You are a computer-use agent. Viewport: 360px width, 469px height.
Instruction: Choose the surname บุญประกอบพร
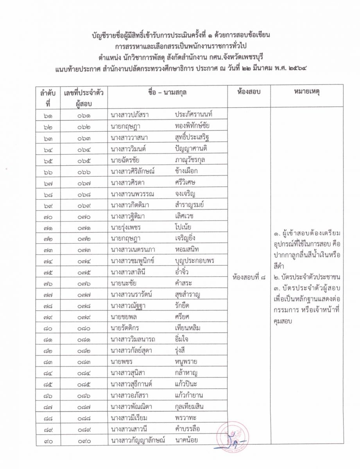pyautogui.click(x=195, y=261)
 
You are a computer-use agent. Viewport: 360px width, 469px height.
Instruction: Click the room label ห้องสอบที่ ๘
pyautogui.click(x=249, y=278)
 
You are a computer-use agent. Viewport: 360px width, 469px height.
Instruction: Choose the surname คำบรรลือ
pyautogui.click(x=188, y=429)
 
